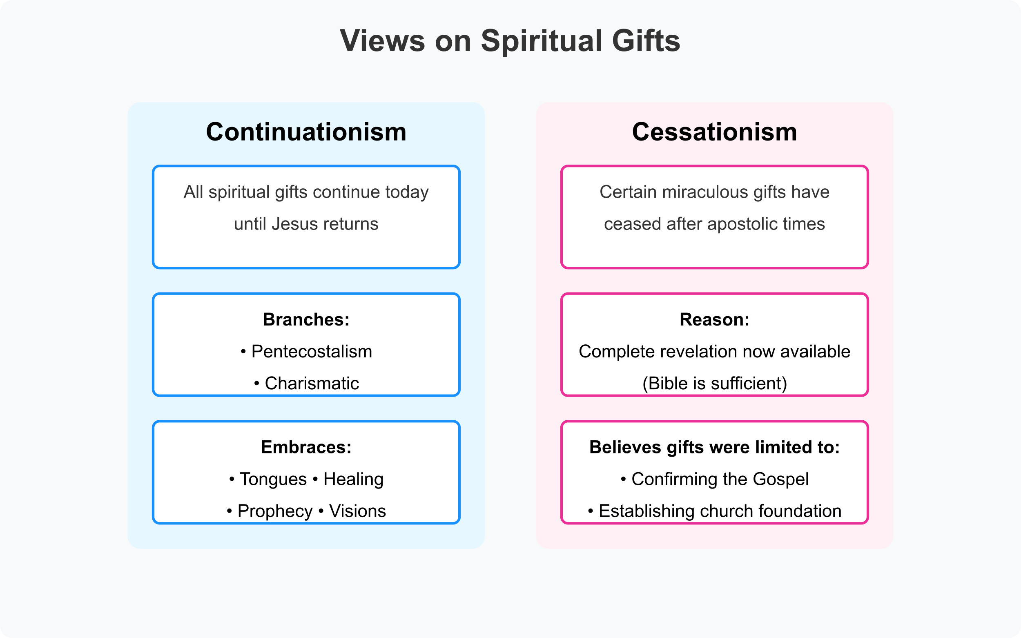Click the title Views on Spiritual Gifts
(x=510, y=41)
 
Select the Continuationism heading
(x=306, y=132)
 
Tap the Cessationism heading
(x=714, y=132)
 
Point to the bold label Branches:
(x=306, y=319)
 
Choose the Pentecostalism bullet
(x=311, y=352)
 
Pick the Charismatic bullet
(x=311, y=383)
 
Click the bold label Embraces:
(x=306, y=447)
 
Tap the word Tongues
(x=273, y=479)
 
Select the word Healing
(x=353, y=479)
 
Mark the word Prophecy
(x=275, y=511)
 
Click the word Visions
(x=357, y=511)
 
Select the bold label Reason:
(x=714, y=319)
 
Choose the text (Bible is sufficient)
(x=714, y=383)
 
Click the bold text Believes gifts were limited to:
(x=714, y=447)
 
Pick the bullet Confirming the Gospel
(x=719, y=479)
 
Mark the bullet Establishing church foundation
(x=719, y=511)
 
